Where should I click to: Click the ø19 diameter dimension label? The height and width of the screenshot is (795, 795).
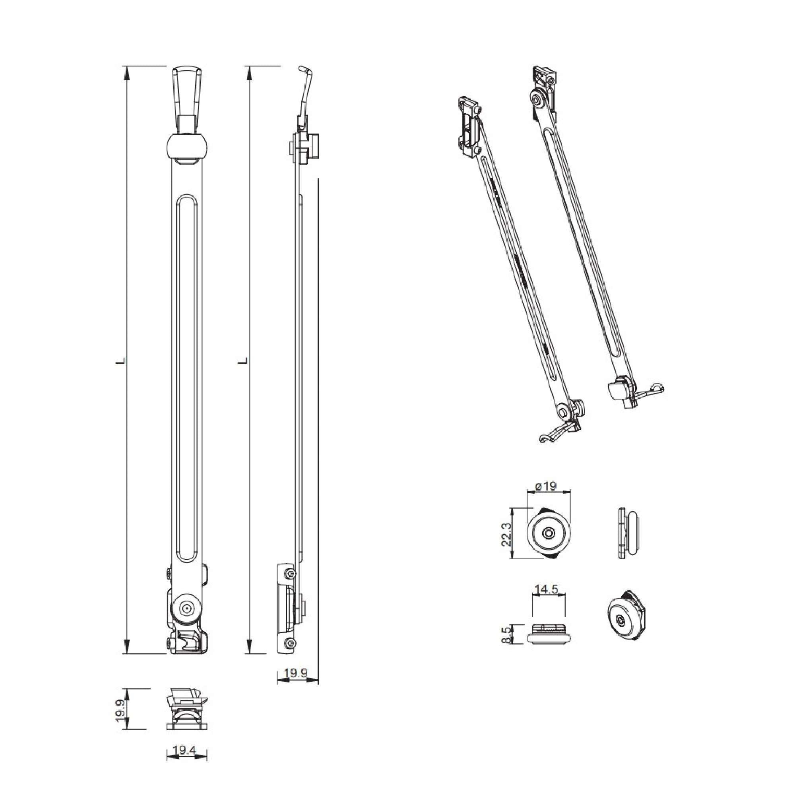(x=546, y=486)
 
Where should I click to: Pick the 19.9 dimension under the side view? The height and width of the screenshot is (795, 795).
(x=296, y=673)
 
